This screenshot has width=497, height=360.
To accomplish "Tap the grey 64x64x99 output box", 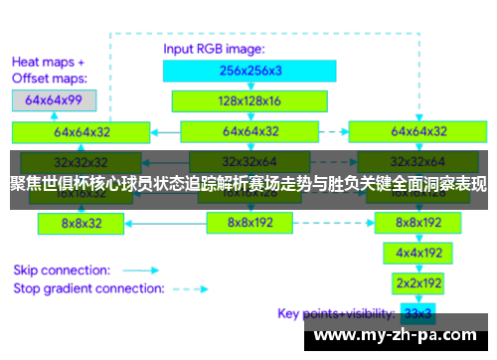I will [54, 99].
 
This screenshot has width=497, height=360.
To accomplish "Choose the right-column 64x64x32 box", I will [416, 130].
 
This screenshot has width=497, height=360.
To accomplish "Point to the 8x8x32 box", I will [81, 224].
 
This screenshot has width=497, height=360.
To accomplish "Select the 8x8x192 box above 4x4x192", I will [416, 224].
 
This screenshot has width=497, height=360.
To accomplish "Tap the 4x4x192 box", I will [416, 253].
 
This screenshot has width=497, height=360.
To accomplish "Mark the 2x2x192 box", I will [416, 282].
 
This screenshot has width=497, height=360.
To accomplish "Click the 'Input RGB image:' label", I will [214, 47].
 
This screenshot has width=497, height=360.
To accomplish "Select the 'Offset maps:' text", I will [50, 77].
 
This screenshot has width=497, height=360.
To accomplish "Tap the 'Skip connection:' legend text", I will [60, 270].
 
